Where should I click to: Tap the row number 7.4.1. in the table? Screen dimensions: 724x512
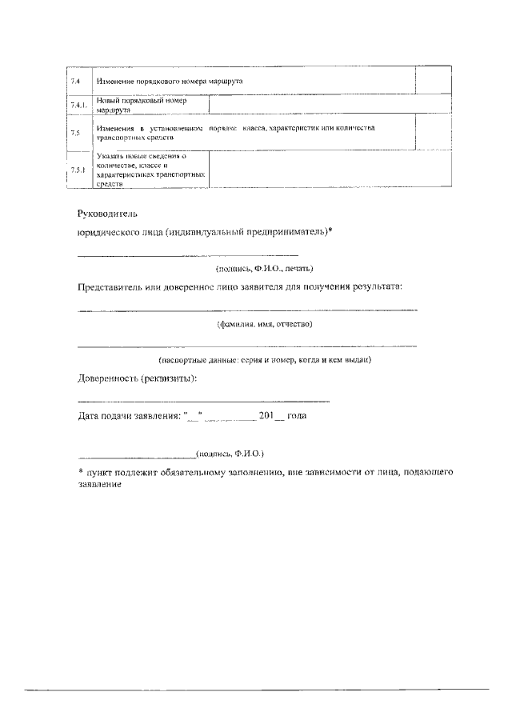[x=77, y=106]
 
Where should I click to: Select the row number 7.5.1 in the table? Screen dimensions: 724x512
[x=77, y=170]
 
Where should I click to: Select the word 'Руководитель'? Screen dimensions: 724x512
[x=108, y=214]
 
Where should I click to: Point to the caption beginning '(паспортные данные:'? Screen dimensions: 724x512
[x=265, y=361]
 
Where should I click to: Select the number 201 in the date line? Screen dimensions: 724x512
[x=267, y=415]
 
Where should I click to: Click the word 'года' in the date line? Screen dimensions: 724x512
[x=297, y=416]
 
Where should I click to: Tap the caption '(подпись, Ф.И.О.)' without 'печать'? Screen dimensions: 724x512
[x=230, y=452]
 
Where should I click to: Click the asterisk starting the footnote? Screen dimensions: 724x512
[x=81, y=471]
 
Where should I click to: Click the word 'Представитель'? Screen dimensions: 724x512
[x=114, y=286]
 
